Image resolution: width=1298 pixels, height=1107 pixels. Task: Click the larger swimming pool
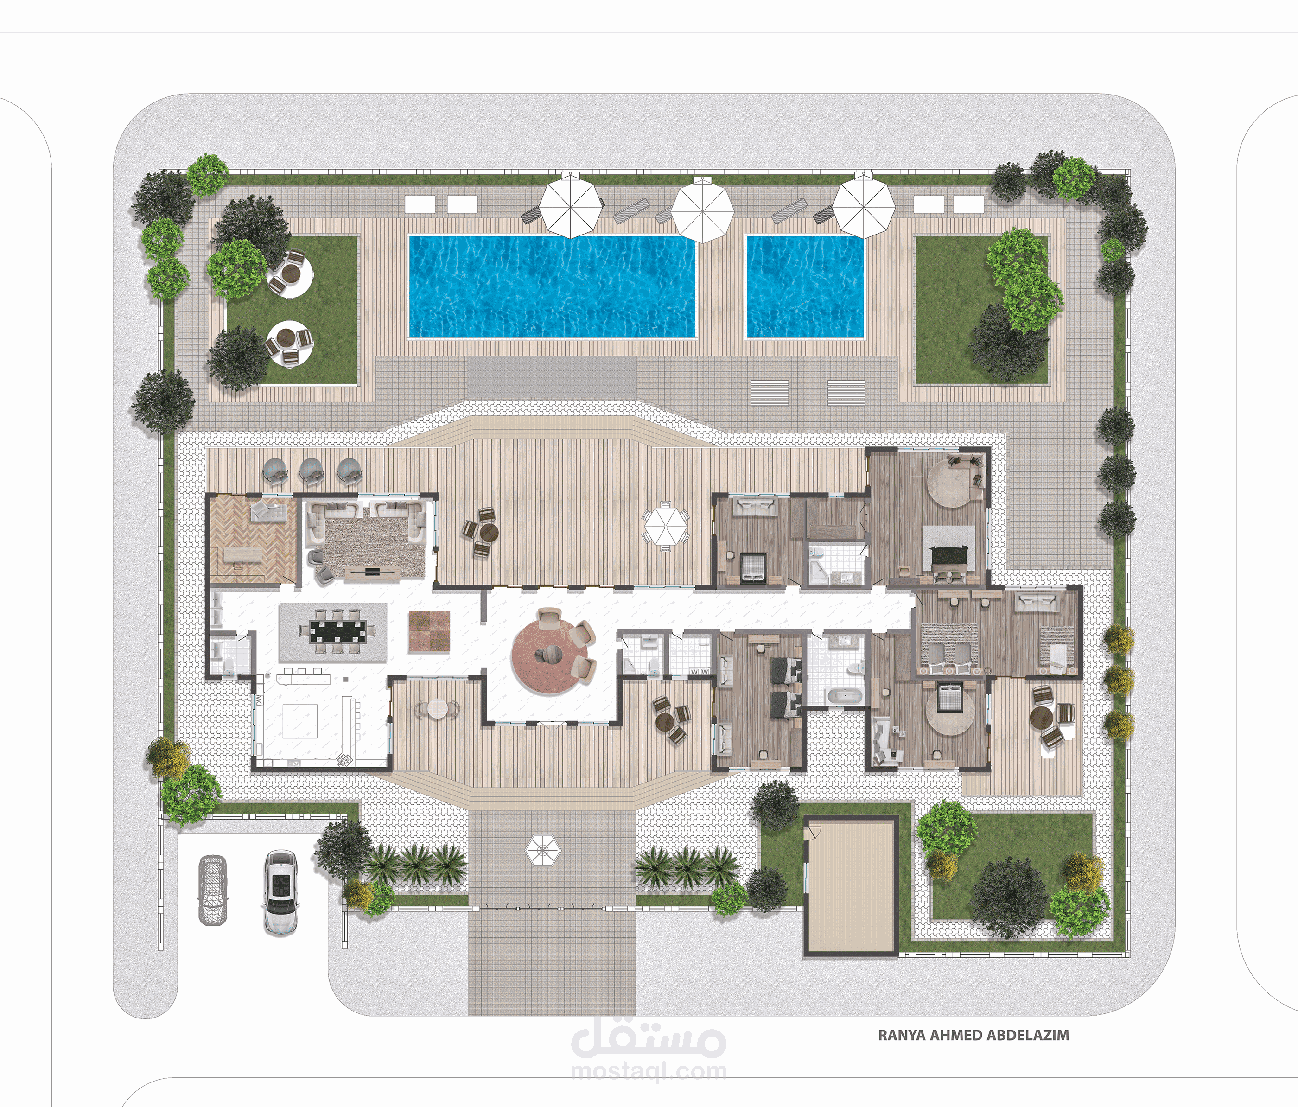pos(552,286)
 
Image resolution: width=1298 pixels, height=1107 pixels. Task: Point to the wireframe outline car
pos(213,889)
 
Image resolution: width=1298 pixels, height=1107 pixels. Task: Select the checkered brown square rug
pos(429,631)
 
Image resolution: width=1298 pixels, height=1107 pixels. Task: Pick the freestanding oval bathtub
pos(845,695)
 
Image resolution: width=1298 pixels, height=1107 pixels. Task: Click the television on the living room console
pos(372,570)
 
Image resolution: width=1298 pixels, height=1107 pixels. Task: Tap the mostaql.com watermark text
pos(649,1071)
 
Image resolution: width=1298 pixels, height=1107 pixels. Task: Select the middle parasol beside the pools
pos(703,209)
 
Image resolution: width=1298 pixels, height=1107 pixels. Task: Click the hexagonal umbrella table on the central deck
pos(666,526)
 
